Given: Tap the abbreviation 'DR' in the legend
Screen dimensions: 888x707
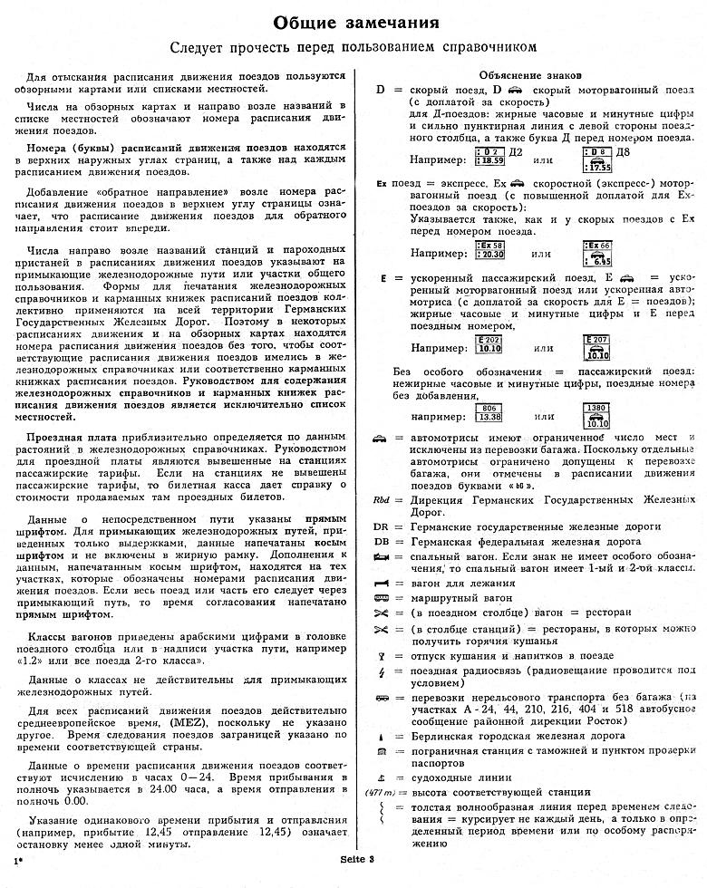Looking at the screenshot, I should click(382, 526).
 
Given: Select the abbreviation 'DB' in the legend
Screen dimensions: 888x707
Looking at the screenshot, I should click(382, 541).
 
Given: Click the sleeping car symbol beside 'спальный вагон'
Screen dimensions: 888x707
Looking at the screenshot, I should click(382, 555).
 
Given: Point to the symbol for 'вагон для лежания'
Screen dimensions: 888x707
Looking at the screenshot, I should click(382, 584).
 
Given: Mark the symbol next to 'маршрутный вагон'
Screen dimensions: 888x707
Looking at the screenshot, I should click(382, 599).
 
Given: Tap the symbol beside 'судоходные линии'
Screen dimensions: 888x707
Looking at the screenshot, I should click(382, 777).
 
